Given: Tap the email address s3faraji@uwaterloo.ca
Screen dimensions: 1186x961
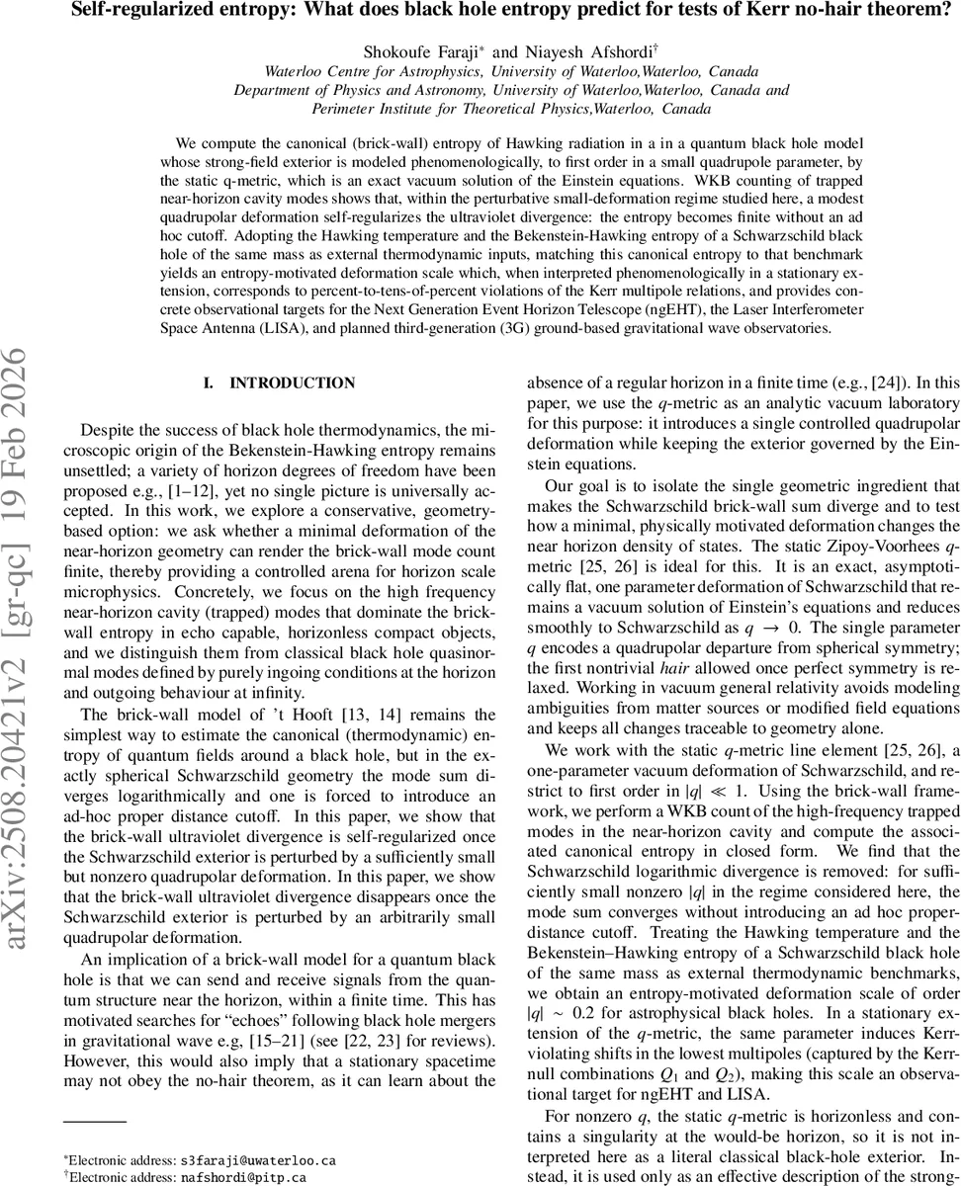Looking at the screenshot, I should point(252,1158).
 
